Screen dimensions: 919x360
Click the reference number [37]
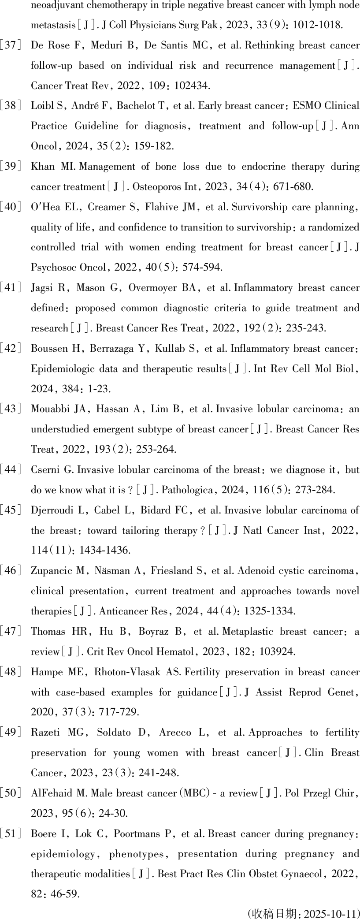pyautogui.click(x=10, y=45)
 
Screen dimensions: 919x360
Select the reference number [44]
pyautogui.click(x=10, y=470)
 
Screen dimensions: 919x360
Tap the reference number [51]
pyautogui.click(x=10, y=834)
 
